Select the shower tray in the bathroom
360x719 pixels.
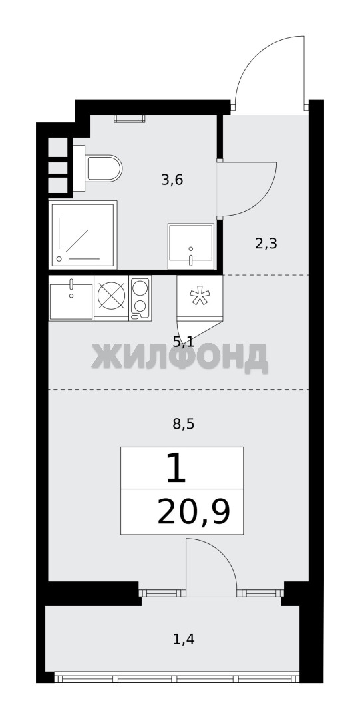[x=83, y=234]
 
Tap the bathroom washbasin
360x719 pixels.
[x=191, y=246]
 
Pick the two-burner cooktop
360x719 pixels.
[x=140, y=298]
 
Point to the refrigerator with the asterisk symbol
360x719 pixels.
[x=200, y=296]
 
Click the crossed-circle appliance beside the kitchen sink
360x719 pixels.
[x=111, y=298]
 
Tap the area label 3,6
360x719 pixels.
[x=172, y=180]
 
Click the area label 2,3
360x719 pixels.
[x=266, y=244]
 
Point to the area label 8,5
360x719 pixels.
[x=184, y=424]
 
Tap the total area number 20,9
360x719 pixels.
[x=194, y=513]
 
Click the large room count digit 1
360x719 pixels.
[x=176, y=468]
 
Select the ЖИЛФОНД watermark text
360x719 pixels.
[x=179, y=358]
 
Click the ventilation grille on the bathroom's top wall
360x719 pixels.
[x=129, y=119]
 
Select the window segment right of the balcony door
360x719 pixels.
[x=260, y=593]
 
